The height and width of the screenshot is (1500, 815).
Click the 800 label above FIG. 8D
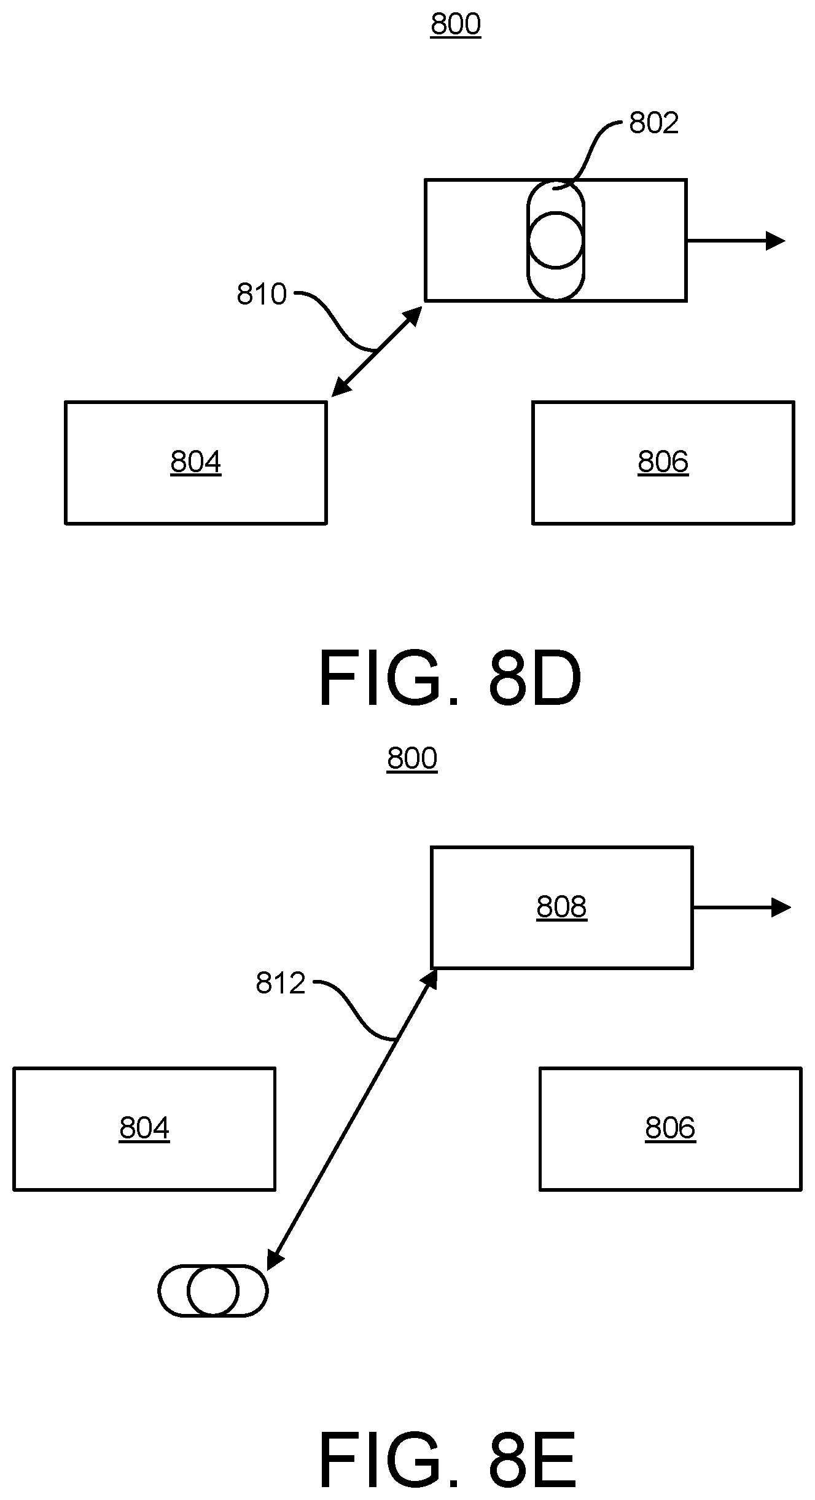click(x=456, y=25)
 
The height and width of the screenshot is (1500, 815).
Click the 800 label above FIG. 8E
click(x=412, y=758)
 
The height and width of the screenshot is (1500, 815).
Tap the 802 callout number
click(x=654, y=123)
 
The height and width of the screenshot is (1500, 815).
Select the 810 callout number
click(x=262, y=294)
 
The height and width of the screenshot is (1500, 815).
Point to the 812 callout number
click(x=281, y=983)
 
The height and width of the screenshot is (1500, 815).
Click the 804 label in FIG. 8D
click(x=196, y=462)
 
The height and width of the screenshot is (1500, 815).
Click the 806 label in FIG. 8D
click(x=663, y=462)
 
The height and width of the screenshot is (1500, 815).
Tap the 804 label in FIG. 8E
click(x=144, y=1128)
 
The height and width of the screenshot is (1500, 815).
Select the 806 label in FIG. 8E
click(x=671, y=1128)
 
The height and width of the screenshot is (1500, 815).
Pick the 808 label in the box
click(x=562, y=906)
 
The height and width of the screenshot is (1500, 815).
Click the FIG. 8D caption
click(x=450, y=680)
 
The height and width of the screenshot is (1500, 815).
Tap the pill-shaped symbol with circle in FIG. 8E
click(x=213, y=1291)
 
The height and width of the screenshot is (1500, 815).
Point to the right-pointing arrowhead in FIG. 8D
click(x=776, y=241)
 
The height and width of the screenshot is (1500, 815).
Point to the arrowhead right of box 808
click(x=781, y=907)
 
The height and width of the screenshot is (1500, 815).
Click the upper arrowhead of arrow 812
click(x=431, y=977)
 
